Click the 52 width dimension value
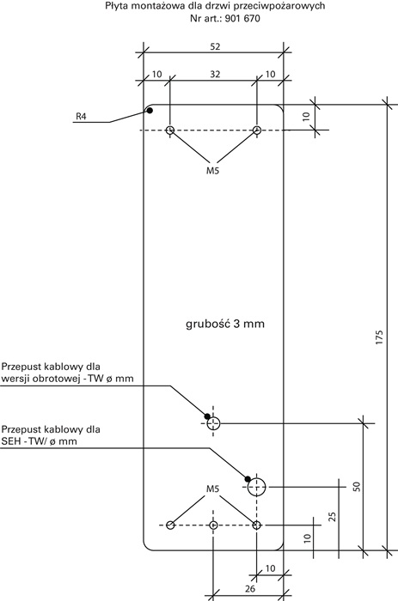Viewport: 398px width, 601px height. [x=215, y=46]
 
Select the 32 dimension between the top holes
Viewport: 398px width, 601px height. [x=215, y=74]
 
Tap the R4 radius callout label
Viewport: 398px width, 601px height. [x=81, y=116]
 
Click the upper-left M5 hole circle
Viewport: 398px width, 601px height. [x=169, y=131]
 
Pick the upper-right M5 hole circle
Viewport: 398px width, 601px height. [x=257, y=131]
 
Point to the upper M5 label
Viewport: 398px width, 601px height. [x=212, y=171]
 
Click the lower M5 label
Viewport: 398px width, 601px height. [x=212, y=489]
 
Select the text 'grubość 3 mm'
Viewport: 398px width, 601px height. [x=225, y=324]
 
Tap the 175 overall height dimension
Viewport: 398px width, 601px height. [x=379, y=337]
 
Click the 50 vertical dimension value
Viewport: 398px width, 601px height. [x=357, y=487]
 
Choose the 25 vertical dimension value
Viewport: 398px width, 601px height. [x=333, y=517]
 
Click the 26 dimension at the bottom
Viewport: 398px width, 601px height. [x=250, y=588]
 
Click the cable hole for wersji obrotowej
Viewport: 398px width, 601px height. [x=213, y=423]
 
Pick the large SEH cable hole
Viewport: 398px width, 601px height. [x=257, y=487]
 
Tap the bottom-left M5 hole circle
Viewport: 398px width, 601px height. [x=170, y=525]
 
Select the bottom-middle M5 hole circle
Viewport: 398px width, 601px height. [x=214, y=525]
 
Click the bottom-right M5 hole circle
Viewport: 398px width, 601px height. [x=257, y=525]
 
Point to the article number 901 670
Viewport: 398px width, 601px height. [x=242, y=18]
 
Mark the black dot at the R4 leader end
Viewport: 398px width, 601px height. [x=150, y=111]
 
